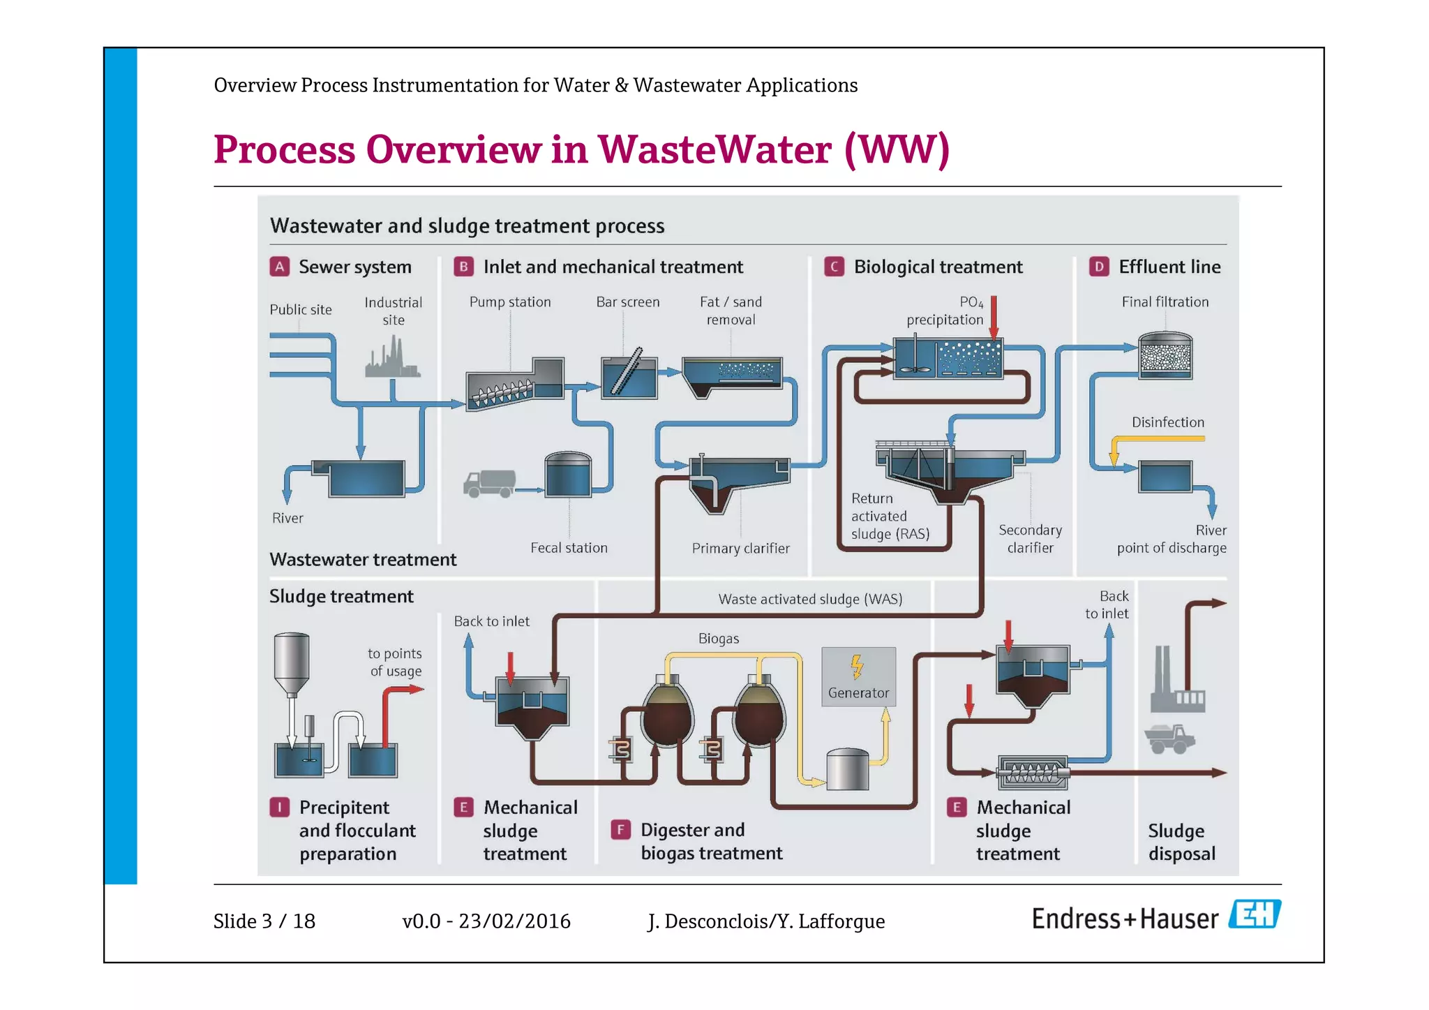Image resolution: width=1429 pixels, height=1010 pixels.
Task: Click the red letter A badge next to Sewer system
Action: coord(279,267)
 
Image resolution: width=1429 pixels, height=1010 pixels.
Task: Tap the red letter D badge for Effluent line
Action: coord(1099,267)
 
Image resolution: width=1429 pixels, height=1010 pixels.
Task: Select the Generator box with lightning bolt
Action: coord(858,676)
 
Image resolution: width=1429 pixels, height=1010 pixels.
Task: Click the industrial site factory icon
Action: coord(393,358)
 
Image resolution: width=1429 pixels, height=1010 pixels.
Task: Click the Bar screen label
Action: coord(627,302)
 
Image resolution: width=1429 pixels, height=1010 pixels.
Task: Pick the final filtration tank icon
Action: coord(1165,356)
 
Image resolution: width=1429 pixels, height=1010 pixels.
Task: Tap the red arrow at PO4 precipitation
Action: coord(994,318)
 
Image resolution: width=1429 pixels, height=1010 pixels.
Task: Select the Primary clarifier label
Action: coord(740,549)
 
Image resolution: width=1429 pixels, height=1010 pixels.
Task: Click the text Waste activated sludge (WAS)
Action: coord(810,599)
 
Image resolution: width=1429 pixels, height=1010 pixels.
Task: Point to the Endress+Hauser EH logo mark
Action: coord(1255,914)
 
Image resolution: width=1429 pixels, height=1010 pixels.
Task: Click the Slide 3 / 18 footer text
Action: coord(264,921)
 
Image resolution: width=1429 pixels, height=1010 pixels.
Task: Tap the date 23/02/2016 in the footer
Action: coord(514,921)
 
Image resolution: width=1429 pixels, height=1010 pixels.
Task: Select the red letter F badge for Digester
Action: coord(620,830)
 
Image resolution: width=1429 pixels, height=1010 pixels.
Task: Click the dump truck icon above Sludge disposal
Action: coord(1169,738)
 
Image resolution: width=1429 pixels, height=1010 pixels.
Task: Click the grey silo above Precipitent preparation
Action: coord(292,663)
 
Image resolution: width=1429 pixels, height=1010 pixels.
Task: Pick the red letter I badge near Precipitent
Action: coord(279,808)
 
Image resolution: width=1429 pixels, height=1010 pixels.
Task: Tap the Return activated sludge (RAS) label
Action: coord(890,517)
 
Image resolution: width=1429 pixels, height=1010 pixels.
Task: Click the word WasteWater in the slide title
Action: coord(714,149)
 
